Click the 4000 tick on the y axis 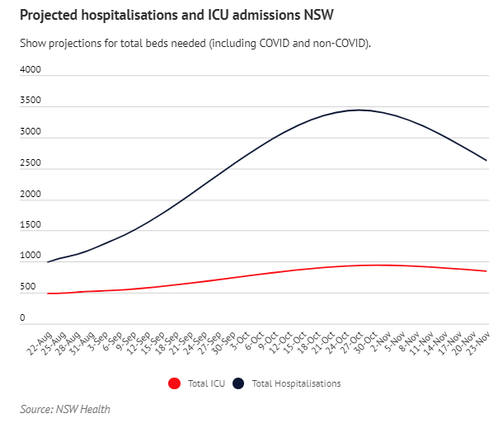[x=31, y=70]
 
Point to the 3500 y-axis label [x=31, y=101]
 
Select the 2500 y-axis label [x=31, y=162]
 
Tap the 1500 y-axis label [x=31, y=224]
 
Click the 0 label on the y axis [x=23, y=317]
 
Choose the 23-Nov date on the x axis [x=478, y=340]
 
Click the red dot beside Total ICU [x=173, y=383]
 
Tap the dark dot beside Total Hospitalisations [x=238, y=383]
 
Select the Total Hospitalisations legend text [x=296, y=383]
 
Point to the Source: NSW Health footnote [x=65, y=409]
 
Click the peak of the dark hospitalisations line [x=358, y=110]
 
